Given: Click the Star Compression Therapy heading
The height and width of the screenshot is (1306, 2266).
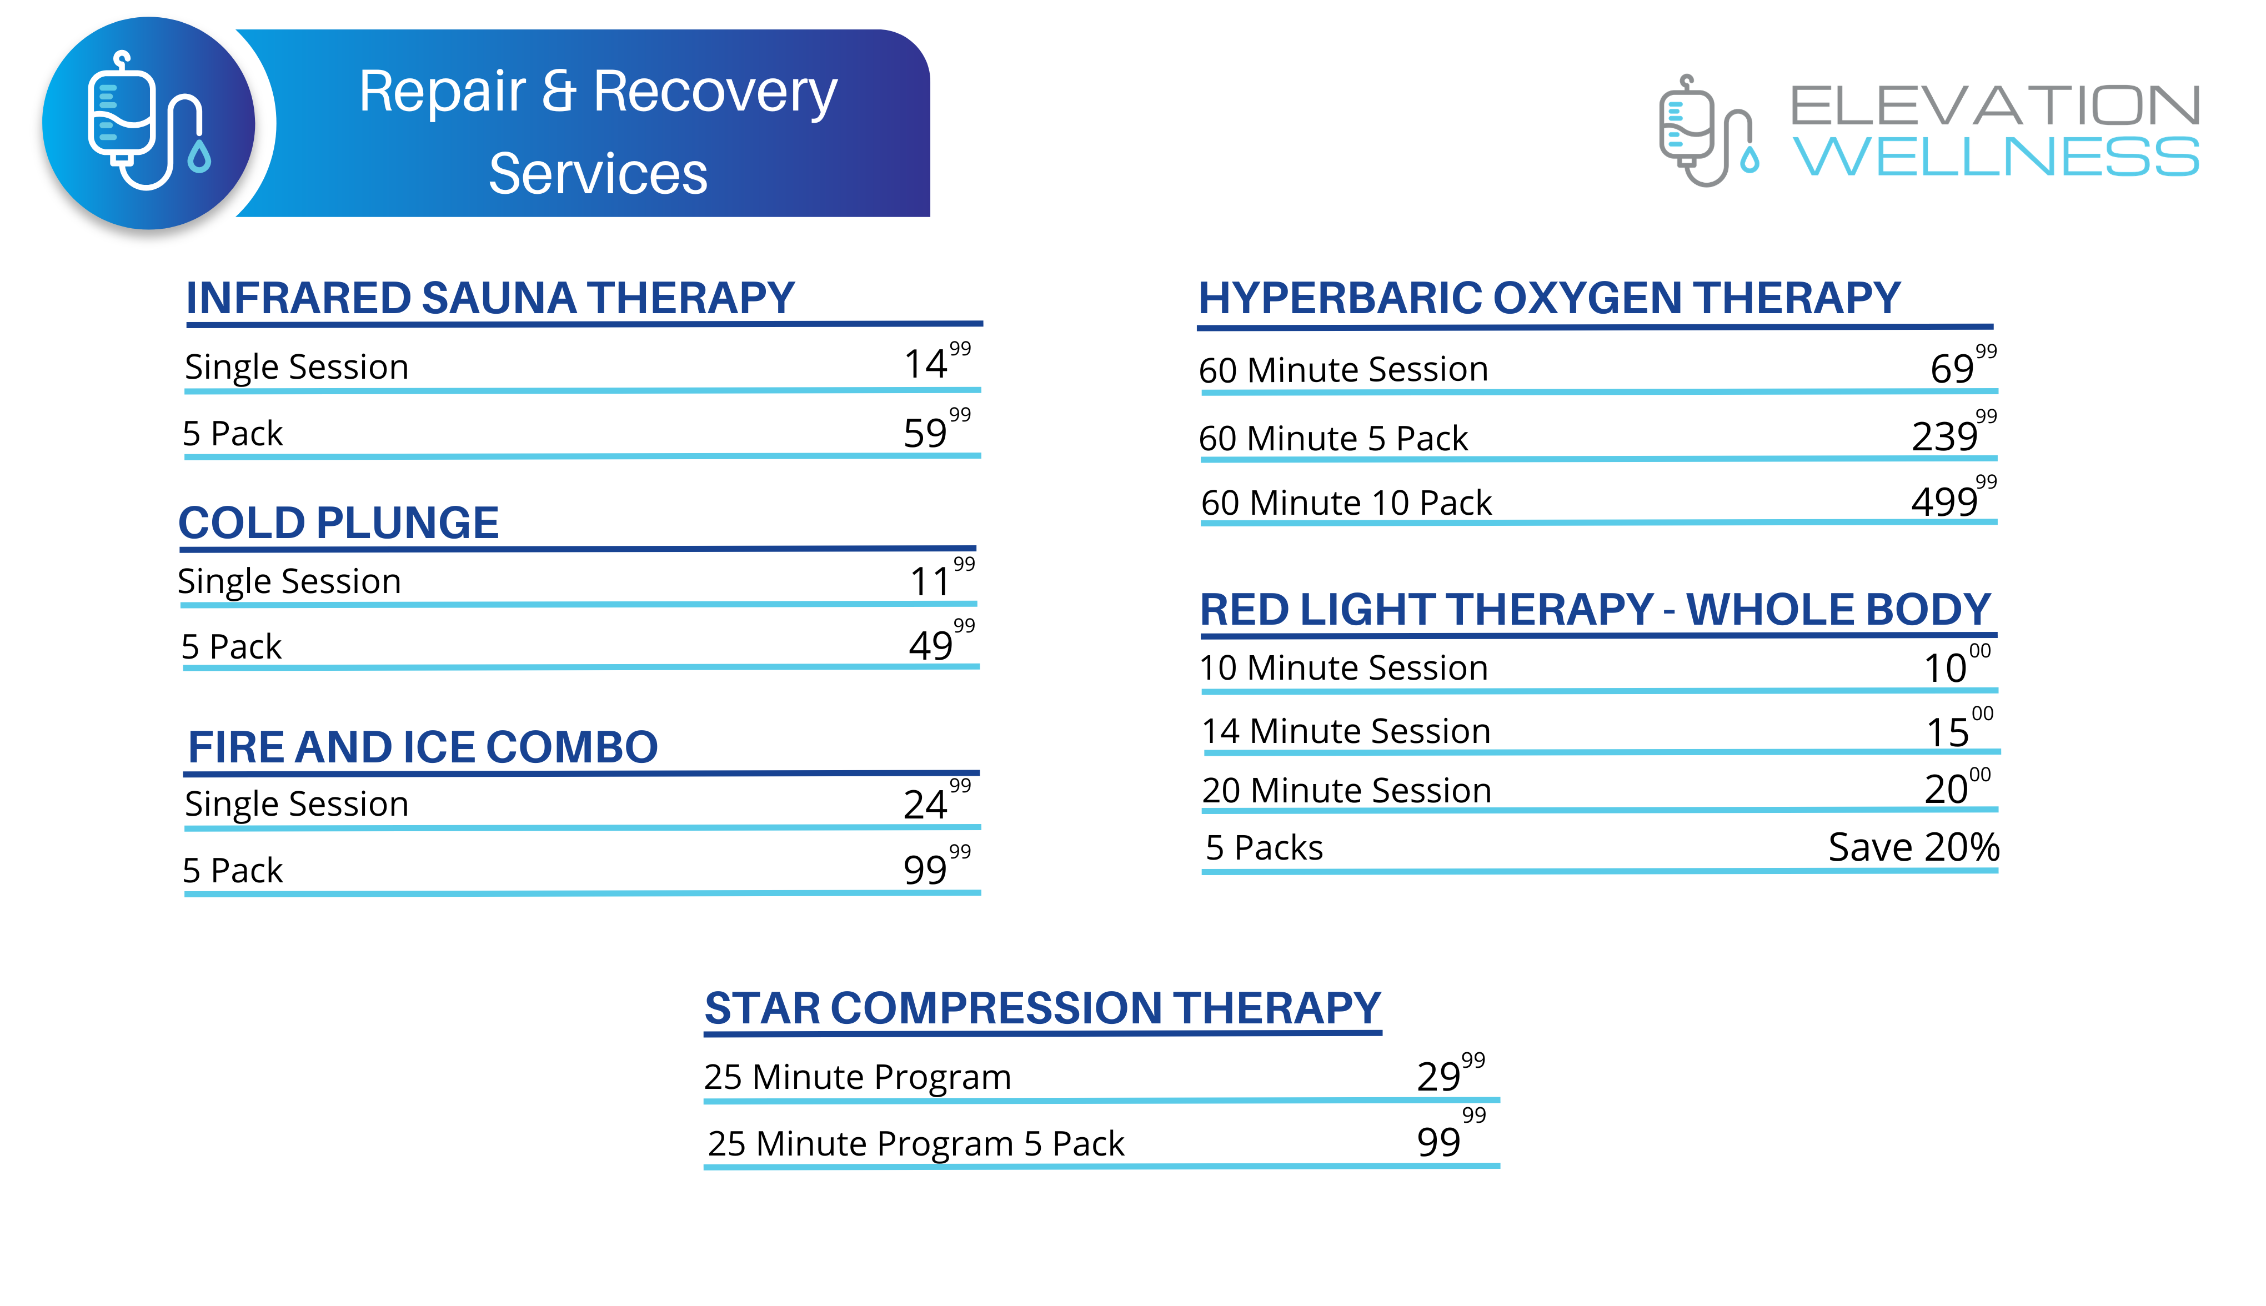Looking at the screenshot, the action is point(1042,1008).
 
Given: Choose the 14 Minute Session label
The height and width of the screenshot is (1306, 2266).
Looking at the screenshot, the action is point(1346,731).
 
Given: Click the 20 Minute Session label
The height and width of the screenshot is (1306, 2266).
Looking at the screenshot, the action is point(1346,790).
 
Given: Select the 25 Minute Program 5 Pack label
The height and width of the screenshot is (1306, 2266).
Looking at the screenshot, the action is point(915,1144).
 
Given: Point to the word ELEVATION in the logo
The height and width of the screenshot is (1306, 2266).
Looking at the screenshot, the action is point(1995,106).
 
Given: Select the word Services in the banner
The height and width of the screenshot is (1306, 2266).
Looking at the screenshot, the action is point(598,173).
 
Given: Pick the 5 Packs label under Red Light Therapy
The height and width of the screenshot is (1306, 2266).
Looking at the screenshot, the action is point(1264,848).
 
